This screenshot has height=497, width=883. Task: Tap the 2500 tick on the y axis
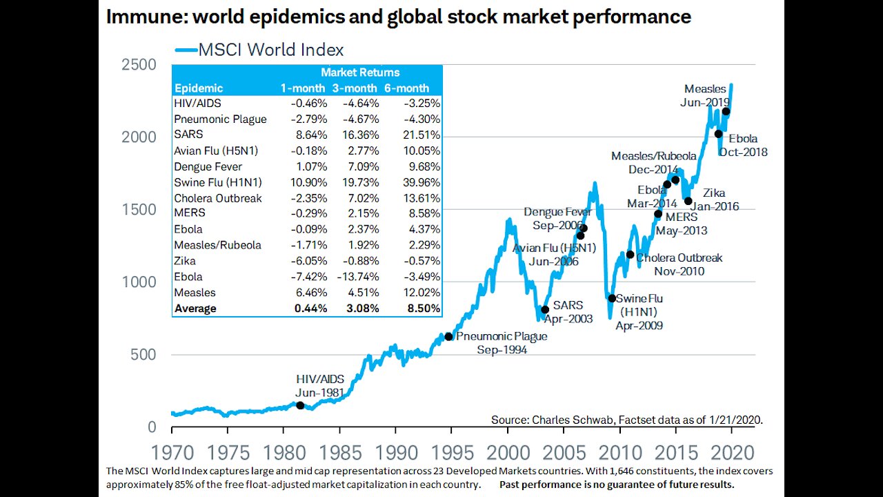(139, 65)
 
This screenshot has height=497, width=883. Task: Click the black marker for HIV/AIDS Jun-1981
(300, 405)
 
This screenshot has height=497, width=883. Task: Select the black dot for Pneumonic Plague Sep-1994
(448, 336)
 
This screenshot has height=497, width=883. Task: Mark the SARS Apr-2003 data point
(545, 309)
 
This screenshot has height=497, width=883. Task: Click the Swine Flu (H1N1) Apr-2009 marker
(611, 298)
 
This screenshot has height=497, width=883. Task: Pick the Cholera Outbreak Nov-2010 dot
(630, 255)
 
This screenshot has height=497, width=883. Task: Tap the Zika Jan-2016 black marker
(688, 201)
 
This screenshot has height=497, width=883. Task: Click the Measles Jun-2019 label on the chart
(705, 95)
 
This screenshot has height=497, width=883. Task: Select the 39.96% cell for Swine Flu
(417, 182)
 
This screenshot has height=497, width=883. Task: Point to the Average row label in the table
(195, 309)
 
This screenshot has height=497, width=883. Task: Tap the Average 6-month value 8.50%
(417, 309)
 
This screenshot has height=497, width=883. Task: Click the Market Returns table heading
(360, 72)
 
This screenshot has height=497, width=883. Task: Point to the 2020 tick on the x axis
(731, 453)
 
